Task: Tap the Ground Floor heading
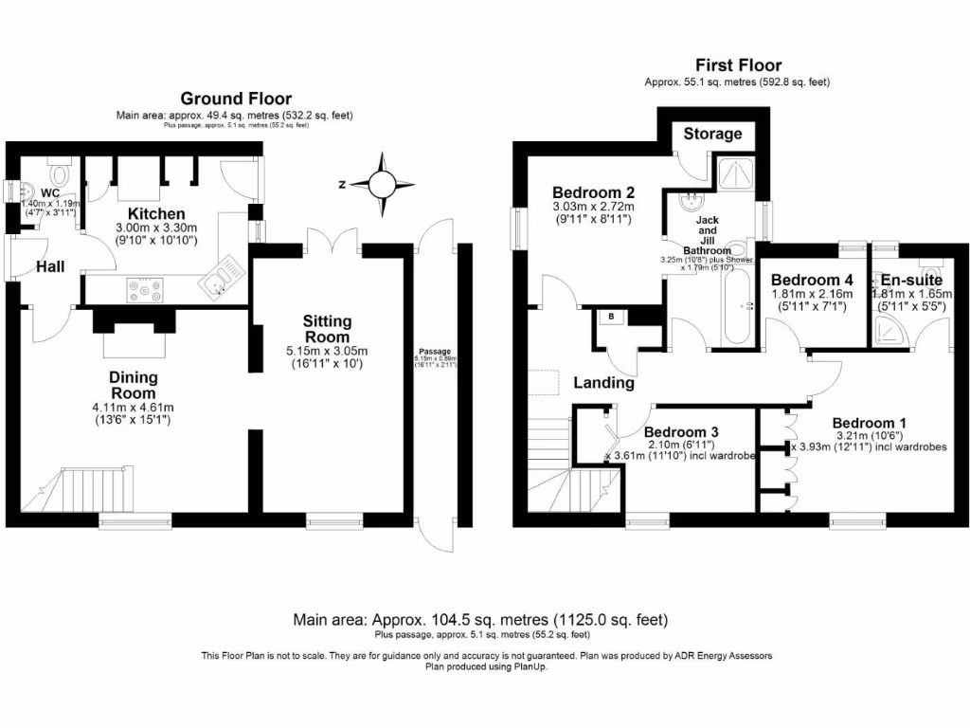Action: [x=236, y=99]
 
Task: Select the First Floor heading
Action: [x=738, y=65]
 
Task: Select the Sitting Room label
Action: [x=327, y=329]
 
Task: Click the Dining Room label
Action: [x=134, y=385]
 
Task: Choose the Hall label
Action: [x=50, y=267]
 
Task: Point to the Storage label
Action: [x=712, y=134]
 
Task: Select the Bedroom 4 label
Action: [x=812, y=280]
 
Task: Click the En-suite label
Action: [x=910, y=280]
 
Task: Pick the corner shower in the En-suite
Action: [x=890, y=328]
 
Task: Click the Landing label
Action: [x=603, y=383]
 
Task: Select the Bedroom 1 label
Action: [x=870, y=423]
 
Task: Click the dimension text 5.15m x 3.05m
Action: [x=327, y=351]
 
